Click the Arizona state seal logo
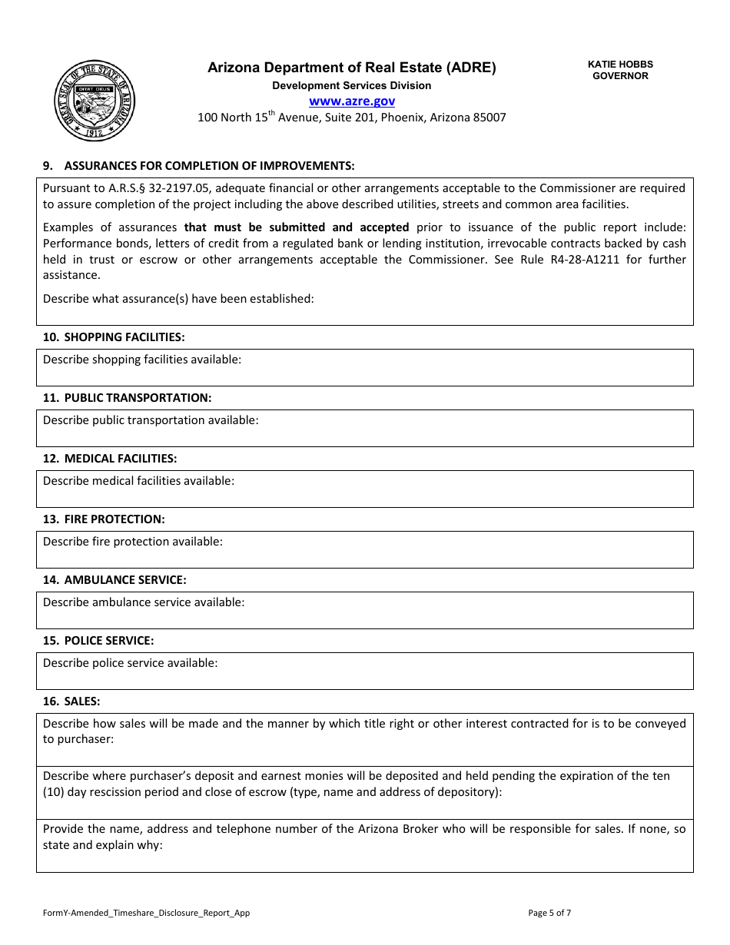95,101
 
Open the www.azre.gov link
352,101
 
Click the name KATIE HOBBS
620,65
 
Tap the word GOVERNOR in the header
620,76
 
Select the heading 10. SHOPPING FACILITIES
114,337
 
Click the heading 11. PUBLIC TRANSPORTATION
127,398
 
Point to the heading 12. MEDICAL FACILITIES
110,459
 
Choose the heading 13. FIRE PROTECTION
104,519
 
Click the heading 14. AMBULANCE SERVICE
114,580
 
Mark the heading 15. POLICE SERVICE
98,641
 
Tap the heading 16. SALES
71,701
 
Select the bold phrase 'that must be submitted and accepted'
297,227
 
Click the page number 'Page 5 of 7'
549,913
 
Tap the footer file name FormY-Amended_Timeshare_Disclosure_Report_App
146,913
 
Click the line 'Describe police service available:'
130,663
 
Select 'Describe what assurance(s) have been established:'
178,298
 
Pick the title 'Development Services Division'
351,85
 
